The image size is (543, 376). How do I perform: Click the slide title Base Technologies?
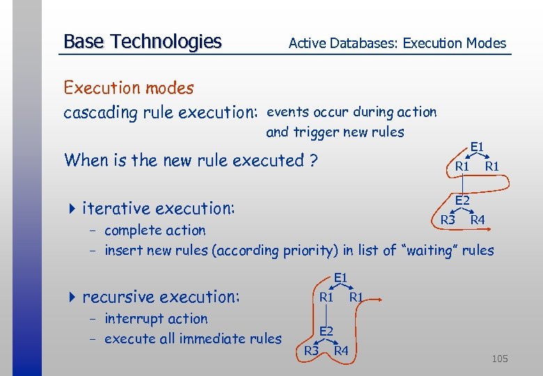coord(142,42)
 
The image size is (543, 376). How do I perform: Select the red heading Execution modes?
coord(128,88)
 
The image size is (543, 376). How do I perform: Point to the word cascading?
coord(95,112)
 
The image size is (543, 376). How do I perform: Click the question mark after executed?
coord(314,160)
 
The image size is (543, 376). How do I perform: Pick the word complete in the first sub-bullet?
coord(134,230)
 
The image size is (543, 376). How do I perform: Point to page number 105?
coord(499,359)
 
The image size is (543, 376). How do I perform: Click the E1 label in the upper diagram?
coord(477,147)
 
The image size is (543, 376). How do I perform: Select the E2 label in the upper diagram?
coord(462,201)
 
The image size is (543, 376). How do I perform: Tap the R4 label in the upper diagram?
coord(478,221)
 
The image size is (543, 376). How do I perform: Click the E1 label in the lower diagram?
coord(340,277)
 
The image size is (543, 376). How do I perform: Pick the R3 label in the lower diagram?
coord(310,350)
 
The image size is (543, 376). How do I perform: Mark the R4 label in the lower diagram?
coord(341,350)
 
